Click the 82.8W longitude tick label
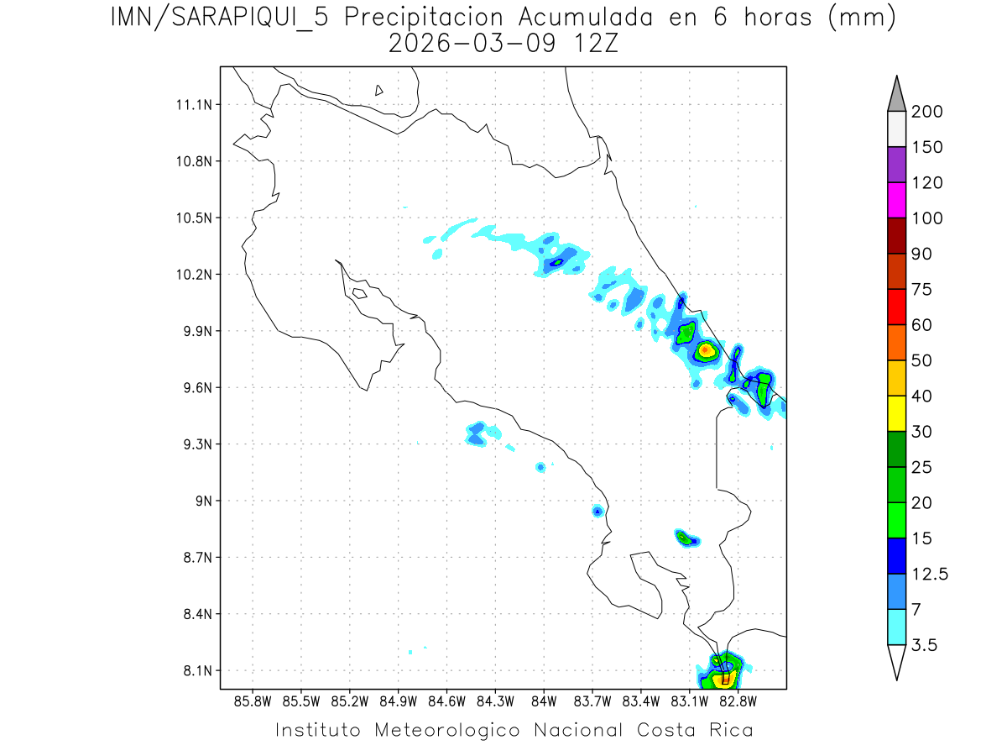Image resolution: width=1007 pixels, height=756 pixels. point(738,701)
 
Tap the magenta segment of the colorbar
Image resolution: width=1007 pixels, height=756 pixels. point(896,200)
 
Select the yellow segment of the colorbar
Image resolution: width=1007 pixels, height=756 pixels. point(896,413)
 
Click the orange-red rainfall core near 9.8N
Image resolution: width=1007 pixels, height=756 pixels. point(707,349)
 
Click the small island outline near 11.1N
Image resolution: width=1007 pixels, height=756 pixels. point(379,90)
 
